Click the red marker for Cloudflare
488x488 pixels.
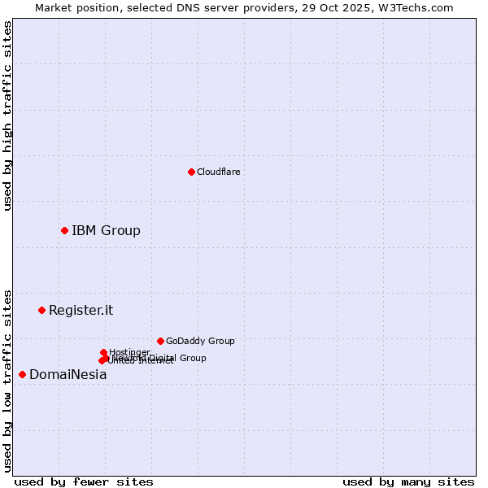pos(191,172)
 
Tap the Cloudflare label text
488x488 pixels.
pos(218,172)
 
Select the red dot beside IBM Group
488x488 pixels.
pos(64,230)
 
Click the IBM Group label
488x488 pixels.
pos(106,230)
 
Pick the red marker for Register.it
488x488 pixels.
pos(41,310)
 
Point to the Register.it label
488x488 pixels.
pos(81,310)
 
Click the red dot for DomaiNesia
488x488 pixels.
pos(22,374)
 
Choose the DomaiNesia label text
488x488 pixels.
pos(68,375)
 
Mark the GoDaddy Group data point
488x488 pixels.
pos(160,341)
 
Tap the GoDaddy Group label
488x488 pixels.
pos(200,341)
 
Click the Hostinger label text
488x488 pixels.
pos(129,352)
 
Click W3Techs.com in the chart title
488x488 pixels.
pos(415,8)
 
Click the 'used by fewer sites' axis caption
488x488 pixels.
pos(84,481)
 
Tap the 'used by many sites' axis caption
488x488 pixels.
pos(408,481)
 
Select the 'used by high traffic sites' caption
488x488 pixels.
pos(8,115)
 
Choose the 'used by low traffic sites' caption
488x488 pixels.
pos(8,381)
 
